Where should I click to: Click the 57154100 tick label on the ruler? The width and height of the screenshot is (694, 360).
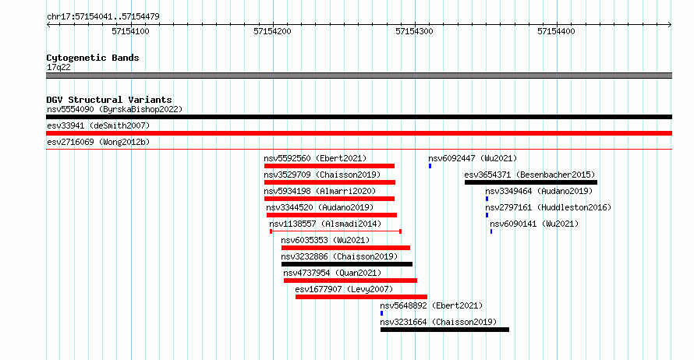[130, 31]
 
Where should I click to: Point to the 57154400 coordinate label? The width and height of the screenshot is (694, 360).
[556, 31]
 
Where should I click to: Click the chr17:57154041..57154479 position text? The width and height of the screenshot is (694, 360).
[103, 17]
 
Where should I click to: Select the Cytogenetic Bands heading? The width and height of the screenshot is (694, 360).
[93, 58]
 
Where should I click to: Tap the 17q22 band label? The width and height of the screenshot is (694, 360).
[58, 67]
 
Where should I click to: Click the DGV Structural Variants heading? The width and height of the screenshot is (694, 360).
[109, 100]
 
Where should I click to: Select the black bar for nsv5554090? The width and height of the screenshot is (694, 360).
[359, 117]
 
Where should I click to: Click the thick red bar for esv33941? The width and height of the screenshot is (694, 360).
[359, 133]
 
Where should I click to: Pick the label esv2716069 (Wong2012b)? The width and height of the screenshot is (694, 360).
[98, 142]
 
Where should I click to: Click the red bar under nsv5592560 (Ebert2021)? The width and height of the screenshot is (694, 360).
[329, 166]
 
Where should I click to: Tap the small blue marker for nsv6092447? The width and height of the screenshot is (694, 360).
[430, 166]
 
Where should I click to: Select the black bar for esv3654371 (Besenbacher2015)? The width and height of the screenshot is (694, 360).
[531, 182]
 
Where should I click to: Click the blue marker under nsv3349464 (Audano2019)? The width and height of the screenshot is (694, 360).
[487, 199]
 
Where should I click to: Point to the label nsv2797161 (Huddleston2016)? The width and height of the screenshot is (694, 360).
[548, 207]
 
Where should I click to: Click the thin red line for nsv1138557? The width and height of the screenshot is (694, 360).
[335, 231]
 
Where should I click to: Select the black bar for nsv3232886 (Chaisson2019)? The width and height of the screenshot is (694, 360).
[347, 264]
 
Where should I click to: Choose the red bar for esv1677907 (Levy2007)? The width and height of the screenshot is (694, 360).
[361, 297]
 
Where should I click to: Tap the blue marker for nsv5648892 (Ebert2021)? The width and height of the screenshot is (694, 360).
[381, 313]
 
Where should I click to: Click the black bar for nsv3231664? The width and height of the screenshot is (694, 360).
[444, 330]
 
